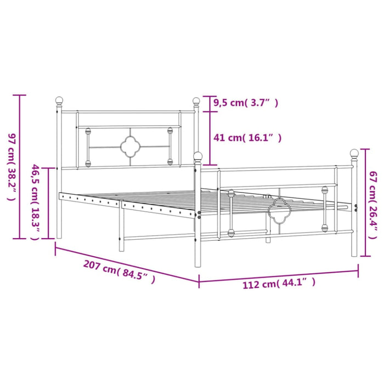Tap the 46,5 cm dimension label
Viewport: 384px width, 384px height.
tap(36, 202)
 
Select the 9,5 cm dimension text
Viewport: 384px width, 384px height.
tap(246, 102)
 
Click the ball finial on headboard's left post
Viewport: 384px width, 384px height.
tap(59, 101)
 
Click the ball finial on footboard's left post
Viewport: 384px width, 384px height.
tap(198, 157)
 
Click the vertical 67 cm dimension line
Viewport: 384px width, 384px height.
tap(362, 204)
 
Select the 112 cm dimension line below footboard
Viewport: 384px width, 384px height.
tap(279, 275)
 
